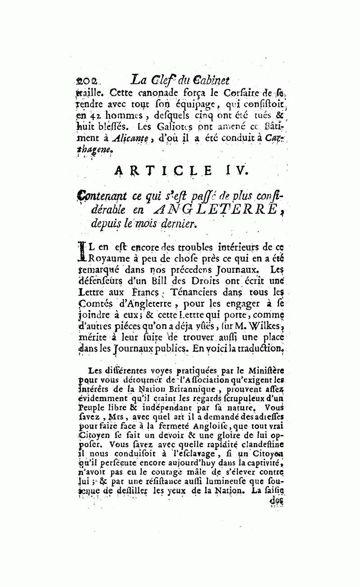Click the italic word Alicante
[122, 140]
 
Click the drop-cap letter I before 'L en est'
[82, 252]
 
